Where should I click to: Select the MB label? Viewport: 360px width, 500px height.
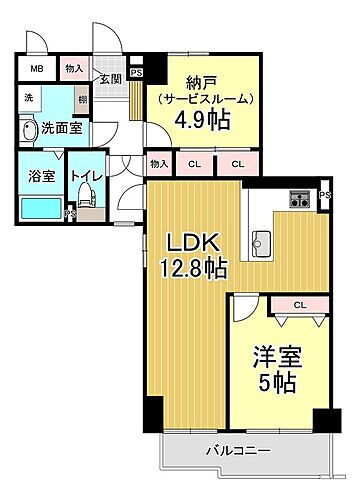36,68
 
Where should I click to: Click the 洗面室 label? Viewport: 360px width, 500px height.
60,129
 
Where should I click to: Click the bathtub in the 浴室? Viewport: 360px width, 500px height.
40,208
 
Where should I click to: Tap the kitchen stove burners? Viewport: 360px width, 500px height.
300,198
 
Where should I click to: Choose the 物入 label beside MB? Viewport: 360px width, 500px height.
74,68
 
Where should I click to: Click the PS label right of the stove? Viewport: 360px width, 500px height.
324,195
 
